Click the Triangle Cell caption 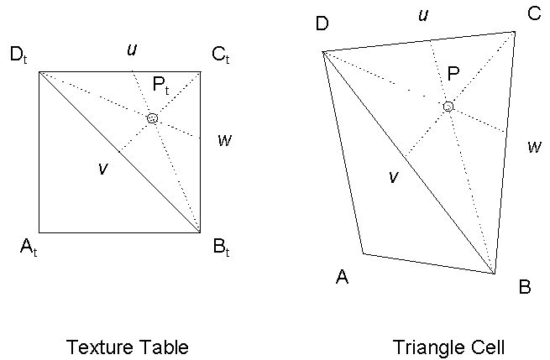click(448, 347)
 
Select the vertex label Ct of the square click(220, 57)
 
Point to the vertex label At click(30, 248)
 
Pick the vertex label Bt click(221, 248)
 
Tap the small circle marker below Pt click(152, 118)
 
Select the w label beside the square click(224, 139)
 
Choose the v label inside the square click(102, 168)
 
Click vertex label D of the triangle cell click(322, 23)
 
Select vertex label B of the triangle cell click(525, 287)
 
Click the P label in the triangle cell click(453, 75)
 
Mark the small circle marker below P click(448, 107)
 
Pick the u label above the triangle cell click(424, 15)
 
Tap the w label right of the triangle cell click(534, 147)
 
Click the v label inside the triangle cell click(392, 176)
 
